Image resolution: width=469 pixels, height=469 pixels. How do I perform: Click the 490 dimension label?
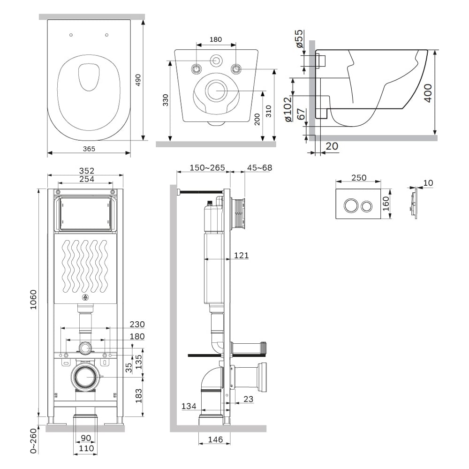(x=138, y=80)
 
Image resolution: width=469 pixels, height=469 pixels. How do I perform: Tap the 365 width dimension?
(x=89, y=149)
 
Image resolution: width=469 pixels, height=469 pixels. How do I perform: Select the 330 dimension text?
(x=166, y=100)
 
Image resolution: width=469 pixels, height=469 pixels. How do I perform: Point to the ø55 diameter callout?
(x=299, y=38)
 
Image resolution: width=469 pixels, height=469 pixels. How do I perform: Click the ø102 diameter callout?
(x=287, y=109)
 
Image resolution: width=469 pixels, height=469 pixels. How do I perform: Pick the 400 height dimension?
(x=428, y=93)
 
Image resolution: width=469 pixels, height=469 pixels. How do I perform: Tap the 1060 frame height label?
(x=33, y=299)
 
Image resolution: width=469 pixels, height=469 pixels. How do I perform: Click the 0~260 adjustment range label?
(x=33, y=440)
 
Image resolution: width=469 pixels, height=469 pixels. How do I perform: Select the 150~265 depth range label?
(x=207, y=167)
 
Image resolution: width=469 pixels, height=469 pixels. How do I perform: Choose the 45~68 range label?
(x=260, y=167)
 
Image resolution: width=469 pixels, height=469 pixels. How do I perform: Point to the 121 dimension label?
(x=241, y=255)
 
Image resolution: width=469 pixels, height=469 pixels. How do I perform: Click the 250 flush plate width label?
(x=359, y=178)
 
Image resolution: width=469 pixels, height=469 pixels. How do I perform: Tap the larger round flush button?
(x=350, y=206)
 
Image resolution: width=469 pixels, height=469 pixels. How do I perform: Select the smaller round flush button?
(x=366, y=206)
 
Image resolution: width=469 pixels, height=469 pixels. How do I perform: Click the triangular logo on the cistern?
(x=85, y=297)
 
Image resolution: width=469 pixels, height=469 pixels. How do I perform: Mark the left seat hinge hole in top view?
(x=71, y=35)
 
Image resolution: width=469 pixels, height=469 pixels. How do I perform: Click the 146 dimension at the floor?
(x=215, y=439)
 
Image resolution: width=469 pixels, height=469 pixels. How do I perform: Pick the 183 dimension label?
(x=138, y=396)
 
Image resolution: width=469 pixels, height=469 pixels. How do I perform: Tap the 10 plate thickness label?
(x=428, y=183)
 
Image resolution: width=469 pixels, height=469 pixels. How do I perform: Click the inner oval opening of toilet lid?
(x=89, y=77)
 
